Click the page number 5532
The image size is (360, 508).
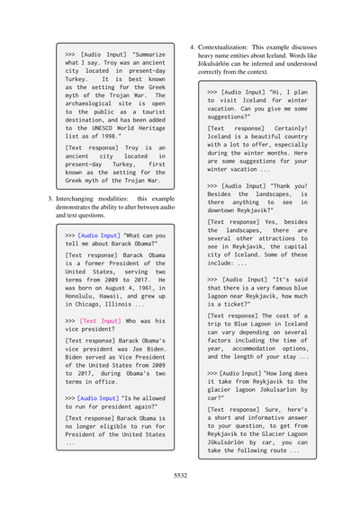(x=180, y=476)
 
